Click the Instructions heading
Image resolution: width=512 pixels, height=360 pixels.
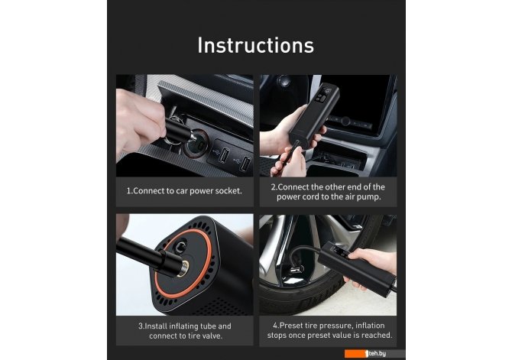click(256, 45)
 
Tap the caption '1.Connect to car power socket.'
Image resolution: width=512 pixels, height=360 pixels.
click(184, 191)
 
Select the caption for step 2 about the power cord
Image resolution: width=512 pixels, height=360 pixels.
click(328, 192)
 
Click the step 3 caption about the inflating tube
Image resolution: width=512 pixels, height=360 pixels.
click(185, 331)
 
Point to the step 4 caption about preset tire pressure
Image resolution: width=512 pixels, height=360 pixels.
click(329, 330)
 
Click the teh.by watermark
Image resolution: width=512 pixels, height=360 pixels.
click(375, 353)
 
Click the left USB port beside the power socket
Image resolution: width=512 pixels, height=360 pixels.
click(224, 154)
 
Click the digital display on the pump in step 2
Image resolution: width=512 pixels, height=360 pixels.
click(326, 93)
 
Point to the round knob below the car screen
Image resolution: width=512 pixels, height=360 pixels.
click(345, 122)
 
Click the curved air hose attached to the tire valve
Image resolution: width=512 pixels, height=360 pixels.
click(302, 252)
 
